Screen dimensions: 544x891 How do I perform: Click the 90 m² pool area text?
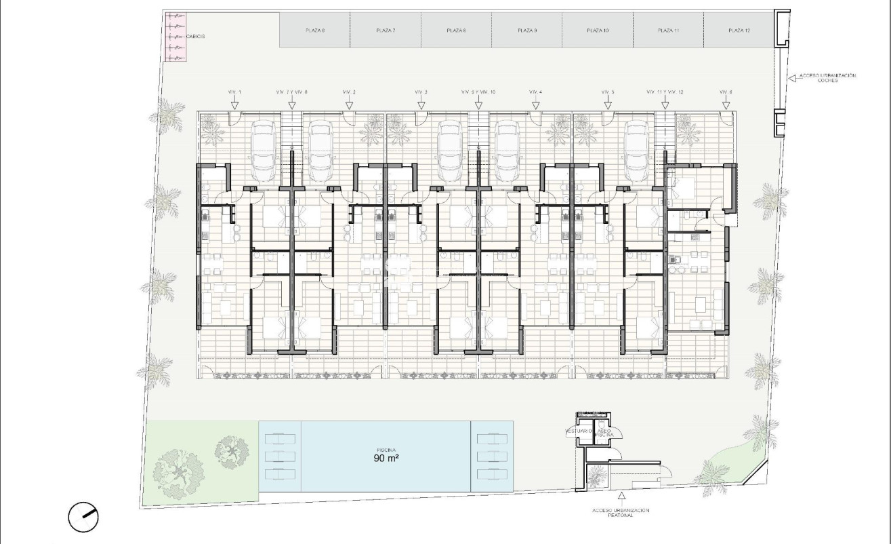tap(386, 459)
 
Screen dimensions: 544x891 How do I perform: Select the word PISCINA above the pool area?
tap(386, 450)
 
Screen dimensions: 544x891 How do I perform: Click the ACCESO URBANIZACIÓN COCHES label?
tap(828, 78)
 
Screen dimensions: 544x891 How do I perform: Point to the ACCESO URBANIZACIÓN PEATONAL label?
tap(620, 512)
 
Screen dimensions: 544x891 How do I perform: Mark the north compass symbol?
tap(84, 518)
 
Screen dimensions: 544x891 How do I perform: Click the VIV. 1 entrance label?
tap(234, 92)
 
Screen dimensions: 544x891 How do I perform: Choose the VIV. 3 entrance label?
tap(421, 92)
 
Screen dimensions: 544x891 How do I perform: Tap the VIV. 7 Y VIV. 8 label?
tap(291, 92)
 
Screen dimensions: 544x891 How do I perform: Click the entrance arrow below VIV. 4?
tap(535, 104)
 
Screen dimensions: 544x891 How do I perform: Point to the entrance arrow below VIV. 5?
tap(608, 104)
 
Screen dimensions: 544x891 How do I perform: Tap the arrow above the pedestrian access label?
tap(621, 499)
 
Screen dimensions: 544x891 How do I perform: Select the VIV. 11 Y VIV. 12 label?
tap(665, 92)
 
